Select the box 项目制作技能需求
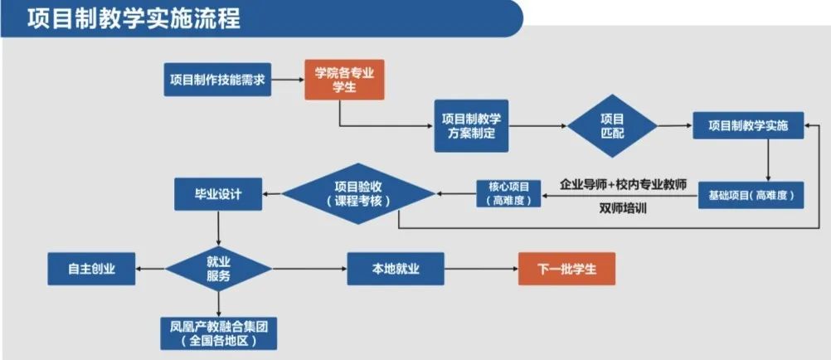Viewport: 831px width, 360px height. pyautogui.click(x=217, y=80)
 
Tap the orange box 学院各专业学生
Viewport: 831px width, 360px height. pyautogui.click(x=344, y=80)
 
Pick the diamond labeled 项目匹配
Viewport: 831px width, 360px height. pyautogui.click(x=612, y=125)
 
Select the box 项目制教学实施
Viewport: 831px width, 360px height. pyautogui.click(x=748, y=125)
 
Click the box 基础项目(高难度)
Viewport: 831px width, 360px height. pyautogui.click(x=751, y=195)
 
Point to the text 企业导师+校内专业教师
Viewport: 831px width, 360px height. pyautogui.click(x=623, y=183)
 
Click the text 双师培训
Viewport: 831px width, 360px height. pyautogui.click(x=623, y=208)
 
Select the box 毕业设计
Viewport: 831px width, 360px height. pyautogui.click(x=218, y=194)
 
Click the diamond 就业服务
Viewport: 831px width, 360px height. pyautogui.click(x=218, y=268)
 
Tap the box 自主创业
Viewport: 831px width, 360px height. pyautogui.click(x=91, y=269)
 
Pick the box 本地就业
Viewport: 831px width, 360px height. pyautogui.click(x=395, y=269)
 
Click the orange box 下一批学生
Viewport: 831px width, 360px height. pyautogui.click(x=566, y=269)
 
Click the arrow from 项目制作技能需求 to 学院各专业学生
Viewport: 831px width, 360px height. pyautogui.click(x=286, y=80)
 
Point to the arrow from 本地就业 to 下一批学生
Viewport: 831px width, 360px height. pyautogui.click(x=481, y=269)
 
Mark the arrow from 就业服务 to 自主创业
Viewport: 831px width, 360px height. pyautogui.click(x=151, y=269)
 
